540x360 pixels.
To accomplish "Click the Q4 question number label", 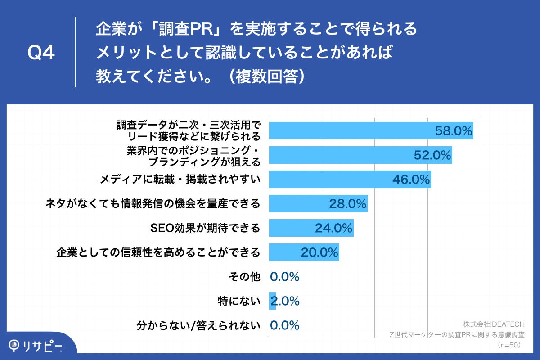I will pos(41,53).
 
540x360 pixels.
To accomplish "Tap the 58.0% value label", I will pos(453,131).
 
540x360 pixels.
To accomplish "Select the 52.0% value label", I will pos(432,155).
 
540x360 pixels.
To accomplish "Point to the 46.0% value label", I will pos(411,180).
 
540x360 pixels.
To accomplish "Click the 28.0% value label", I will pos(347,204).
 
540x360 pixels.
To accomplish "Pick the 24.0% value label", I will pos(333,228).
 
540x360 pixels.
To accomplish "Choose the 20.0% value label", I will pos(319,252).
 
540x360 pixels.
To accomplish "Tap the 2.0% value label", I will pos(285,301).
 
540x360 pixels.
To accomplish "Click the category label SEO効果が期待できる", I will pos(205,228).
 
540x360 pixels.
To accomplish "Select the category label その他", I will pos(249,277).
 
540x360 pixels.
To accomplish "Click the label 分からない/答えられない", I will pos(198,325).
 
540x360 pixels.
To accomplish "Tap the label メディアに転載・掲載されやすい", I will pos(180,180).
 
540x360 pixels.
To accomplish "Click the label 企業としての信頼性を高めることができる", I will pos(158,252).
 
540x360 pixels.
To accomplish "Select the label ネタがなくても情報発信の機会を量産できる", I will pos(153,204).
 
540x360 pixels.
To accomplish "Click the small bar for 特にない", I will pos(272,301).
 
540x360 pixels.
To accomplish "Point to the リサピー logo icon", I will pos(14,345).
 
